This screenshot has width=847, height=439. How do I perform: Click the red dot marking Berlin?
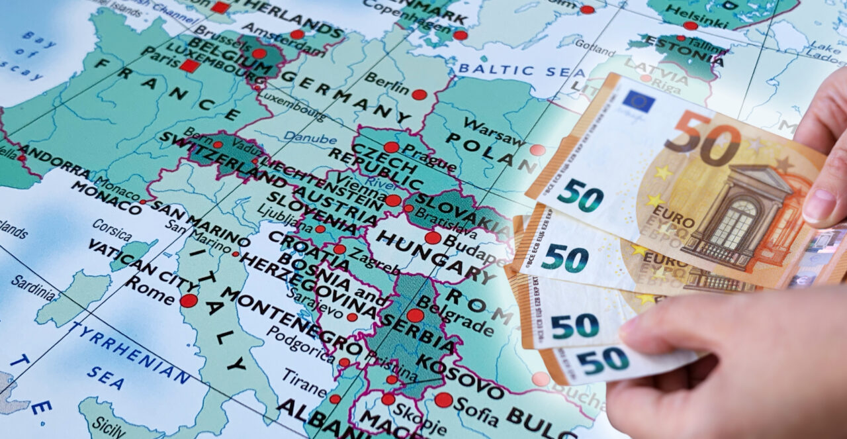point(419,95)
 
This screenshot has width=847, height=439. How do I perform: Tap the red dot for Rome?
point(189,301)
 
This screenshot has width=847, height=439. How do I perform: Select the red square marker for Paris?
point(189,66)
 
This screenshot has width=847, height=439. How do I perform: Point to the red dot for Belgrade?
point(415,315)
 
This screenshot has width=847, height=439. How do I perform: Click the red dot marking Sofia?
point(443,400)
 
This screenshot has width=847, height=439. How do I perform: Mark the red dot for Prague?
point(392,147)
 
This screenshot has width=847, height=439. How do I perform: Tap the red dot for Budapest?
point(433,238)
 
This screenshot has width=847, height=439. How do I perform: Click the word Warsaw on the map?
point(494,130)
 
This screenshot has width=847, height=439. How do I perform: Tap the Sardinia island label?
point(32,287)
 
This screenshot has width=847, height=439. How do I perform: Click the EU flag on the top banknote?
point(638,101)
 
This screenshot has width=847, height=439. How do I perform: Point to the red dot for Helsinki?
point(690,26)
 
